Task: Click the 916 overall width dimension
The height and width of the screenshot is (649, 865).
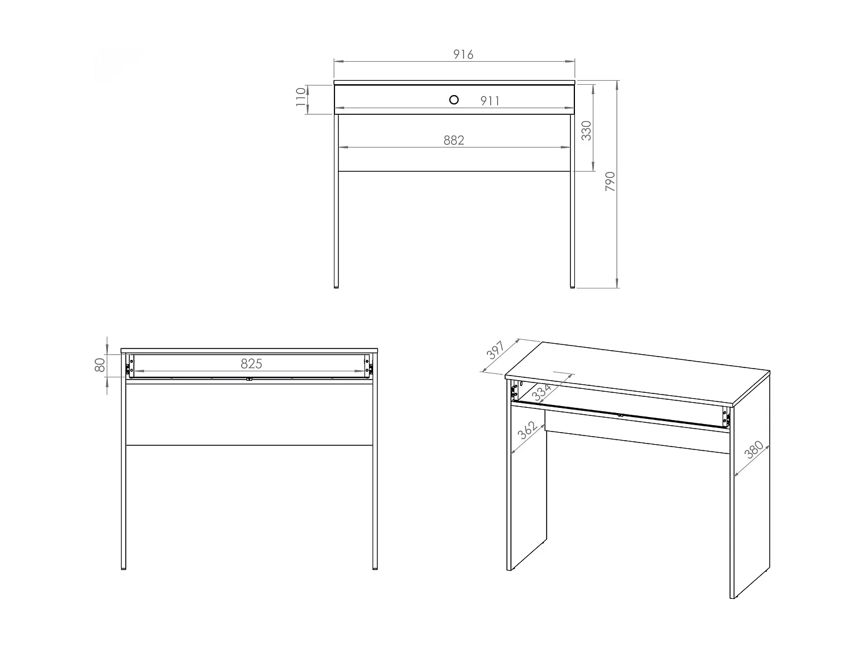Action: (463, 54)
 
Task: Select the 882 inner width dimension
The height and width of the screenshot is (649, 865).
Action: (454, 140)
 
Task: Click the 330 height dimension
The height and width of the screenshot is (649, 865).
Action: (586, 131)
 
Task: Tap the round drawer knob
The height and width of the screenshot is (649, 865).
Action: (454, 100)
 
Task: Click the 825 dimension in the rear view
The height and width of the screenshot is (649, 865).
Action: (251, 363)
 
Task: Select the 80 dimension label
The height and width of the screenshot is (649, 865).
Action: (100, 365)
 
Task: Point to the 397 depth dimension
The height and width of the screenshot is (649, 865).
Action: (495, 351)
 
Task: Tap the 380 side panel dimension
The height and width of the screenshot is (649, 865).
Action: (754, 449)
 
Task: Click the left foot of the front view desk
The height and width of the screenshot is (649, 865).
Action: (336, 285)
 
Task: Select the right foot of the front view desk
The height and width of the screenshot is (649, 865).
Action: (573, 285)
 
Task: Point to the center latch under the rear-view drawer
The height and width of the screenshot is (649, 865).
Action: (249, 379)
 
